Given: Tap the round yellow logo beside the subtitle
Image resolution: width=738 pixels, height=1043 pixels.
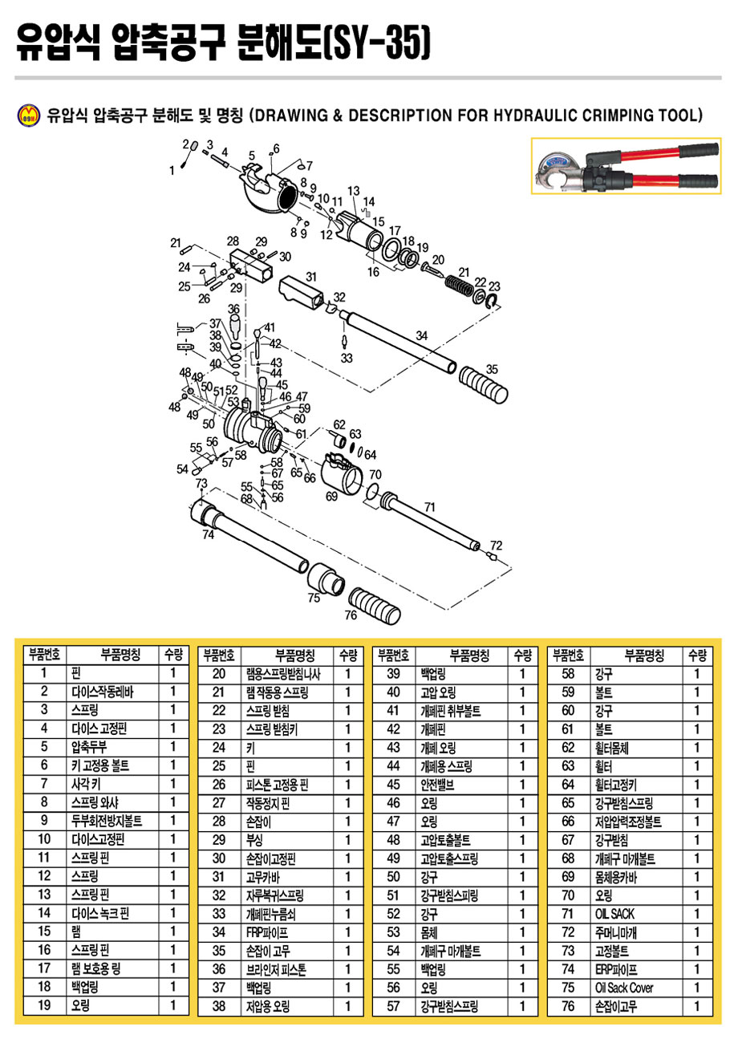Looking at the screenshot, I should click(28, 116).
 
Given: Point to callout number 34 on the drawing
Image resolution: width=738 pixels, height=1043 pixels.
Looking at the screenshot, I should click(421, 335).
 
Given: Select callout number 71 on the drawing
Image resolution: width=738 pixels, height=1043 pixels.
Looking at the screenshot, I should click(429, 507).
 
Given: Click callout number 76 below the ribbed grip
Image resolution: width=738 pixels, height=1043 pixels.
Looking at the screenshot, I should click(351, 616).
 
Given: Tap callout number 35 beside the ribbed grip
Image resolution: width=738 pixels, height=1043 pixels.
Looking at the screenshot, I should click(492, 369).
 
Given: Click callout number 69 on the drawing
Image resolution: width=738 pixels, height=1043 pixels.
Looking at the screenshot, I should click(331, 497).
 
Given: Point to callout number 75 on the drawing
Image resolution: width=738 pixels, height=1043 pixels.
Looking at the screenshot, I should click(314, 597).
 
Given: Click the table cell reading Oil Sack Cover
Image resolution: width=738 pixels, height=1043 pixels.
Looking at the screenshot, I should click(624, 988).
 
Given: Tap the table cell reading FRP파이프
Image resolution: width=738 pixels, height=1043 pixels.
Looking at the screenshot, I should click(266, 931).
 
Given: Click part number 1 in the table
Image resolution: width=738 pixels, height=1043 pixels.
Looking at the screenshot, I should click(45, 673).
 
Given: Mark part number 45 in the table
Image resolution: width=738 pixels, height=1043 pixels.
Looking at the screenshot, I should click(393, 784).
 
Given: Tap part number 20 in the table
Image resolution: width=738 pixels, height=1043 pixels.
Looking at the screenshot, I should click(219, 673).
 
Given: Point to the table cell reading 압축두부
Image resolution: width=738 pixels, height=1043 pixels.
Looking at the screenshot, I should click(91, 747).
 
